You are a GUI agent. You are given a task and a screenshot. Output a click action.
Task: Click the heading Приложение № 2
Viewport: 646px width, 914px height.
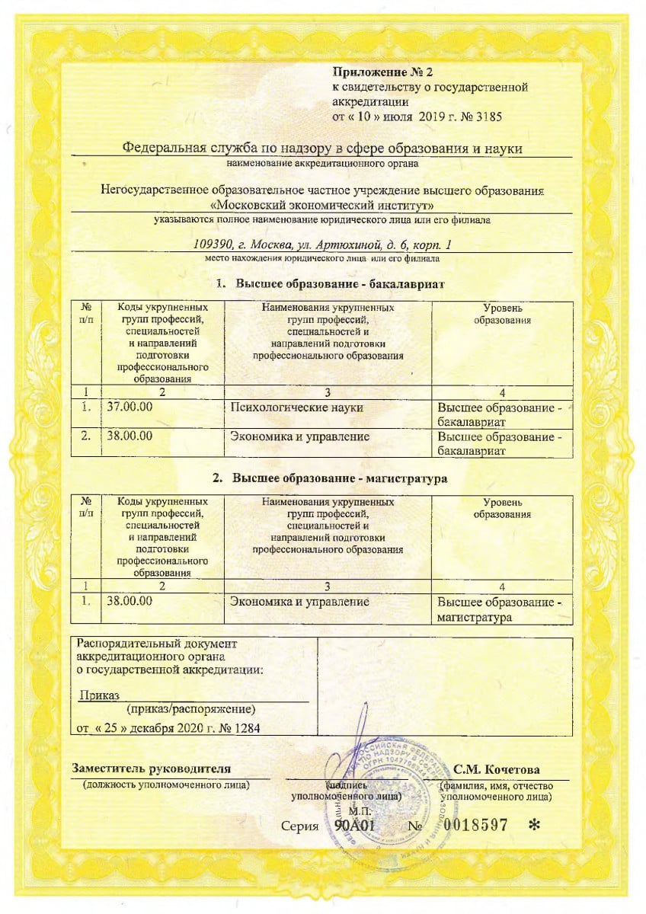point(382,73)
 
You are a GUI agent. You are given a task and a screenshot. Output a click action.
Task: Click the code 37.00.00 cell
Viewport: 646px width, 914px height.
point(130,407)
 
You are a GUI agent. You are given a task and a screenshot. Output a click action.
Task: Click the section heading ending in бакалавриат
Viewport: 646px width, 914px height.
point(329,284)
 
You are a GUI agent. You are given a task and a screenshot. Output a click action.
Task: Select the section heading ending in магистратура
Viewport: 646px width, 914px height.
point(329,478)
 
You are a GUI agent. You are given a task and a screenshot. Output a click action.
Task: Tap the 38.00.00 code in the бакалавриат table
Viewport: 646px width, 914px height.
point(130,436)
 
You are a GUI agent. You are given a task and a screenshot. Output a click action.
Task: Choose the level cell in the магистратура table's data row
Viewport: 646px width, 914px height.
point(500,609)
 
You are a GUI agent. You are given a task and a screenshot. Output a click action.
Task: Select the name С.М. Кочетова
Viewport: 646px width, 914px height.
point(497,769)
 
